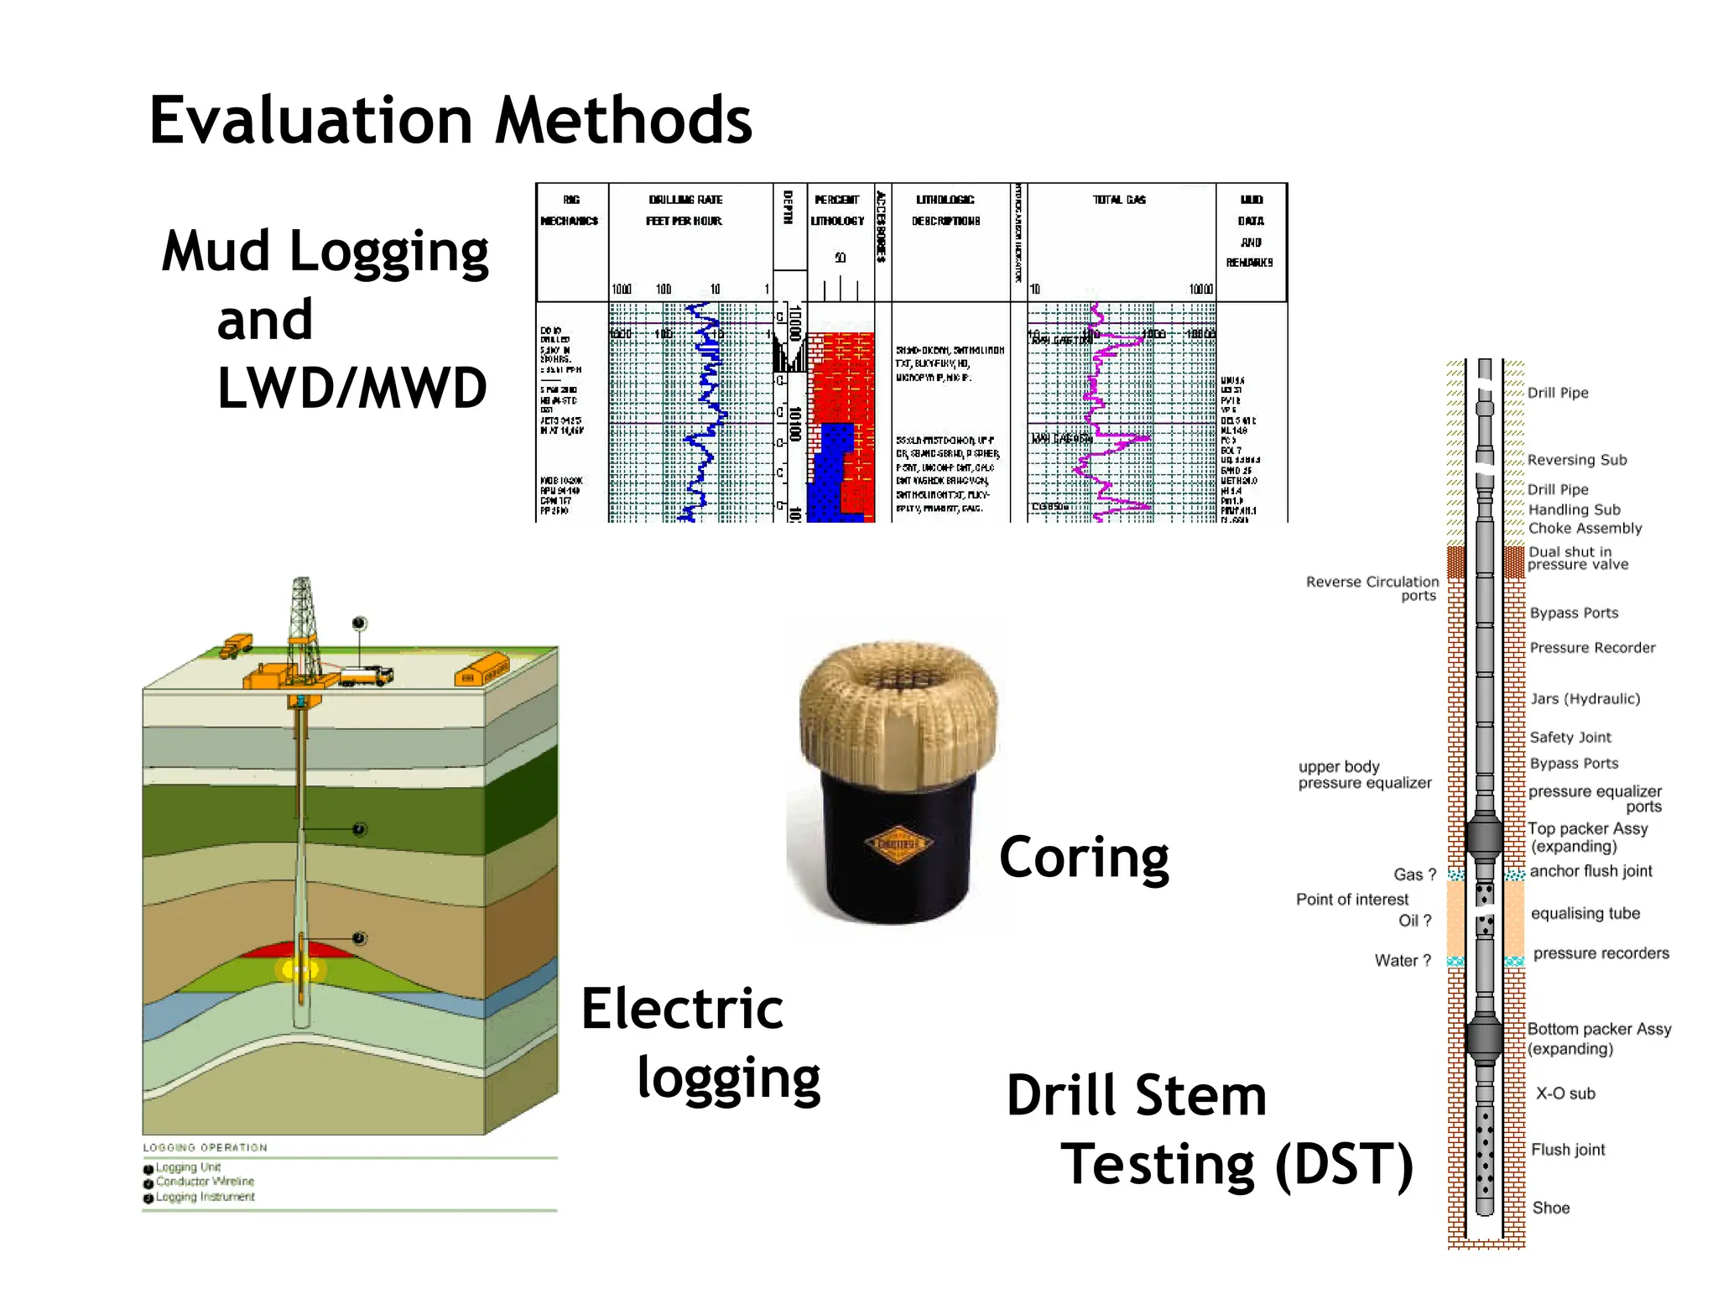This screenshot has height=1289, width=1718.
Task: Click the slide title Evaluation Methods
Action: pyautogui.click(x=450, y=121)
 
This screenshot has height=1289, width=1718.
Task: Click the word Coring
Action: pyautogui.click(x=1084, y=858)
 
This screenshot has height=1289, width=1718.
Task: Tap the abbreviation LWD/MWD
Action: pyautogui.click(x=352, y=389)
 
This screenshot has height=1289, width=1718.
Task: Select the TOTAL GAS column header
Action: pyautogui.click(x=1119, y=200)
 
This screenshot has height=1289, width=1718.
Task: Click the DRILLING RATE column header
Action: pyautogui.click(x=685, y=200)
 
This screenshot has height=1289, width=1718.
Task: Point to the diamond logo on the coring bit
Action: pyautogui.click(x=898, y=843)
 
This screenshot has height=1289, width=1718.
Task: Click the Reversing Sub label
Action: pyautogui.click(x=1576, y=460)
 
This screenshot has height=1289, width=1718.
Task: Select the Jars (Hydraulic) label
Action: pyautogui.click(x=1585, y=699)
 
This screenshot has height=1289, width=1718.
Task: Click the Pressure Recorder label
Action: pyautogui.click(x=1592, y=648)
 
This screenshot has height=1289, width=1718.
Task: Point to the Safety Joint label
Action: pyautogui.click(x=1570, y=738)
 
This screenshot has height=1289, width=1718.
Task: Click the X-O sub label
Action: pyautogui.click(x=1565, y=1093)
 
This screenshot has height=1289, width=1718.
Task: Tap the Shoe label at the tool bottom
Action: pyautogui.click(x=1550, y=1208)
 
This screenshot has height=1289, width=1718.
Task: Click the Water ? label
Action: pyautogui.click(x=1403, y=961)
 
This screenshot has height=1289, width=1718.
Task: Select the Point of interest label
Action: pyautogui.click(x=1352, y=900)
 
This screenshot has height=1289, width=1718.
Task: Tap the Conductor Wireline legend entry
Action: pyautogui.click(x=204, y=1182)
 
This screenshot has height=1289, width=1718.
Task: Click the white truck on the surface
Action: pyautogui.click(x=366, y=676)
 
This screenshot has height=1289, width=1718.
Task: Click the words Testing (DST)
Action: pyautogui.click(x=1236, y=1165)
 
